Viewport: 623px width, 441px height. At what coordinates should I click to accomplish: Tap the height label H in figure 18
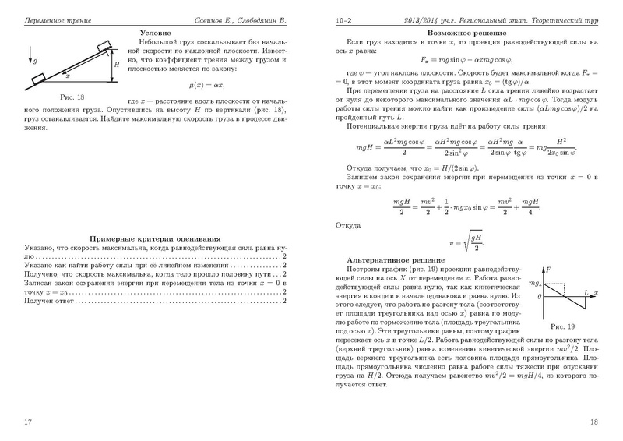tap(117, 66)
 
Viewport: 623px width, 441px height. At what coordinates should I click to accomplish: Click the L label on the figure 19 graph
tap(585, 290)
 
